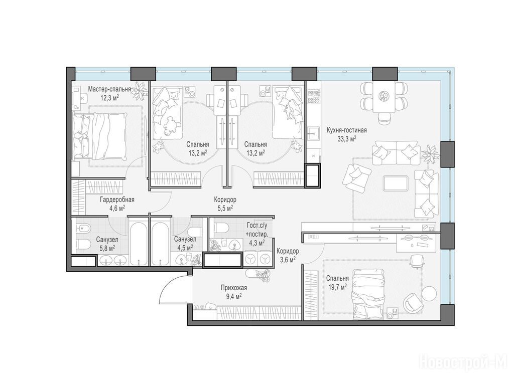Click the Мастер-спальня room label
[x=109, y=89]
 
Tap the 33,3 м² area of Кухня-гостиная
[x=347, y=138]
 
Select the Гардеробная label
[x=117, y=200]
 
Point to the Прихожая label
[x=234, y=288]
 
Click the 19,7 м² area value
[x=337, y=287]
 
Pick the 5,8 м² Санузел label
[x=107, y=240]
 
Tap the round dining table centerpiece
[x=383, y=96]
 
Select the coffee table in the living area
[x=396, y=183]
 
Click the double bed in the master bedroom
[x=100, y=136]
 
